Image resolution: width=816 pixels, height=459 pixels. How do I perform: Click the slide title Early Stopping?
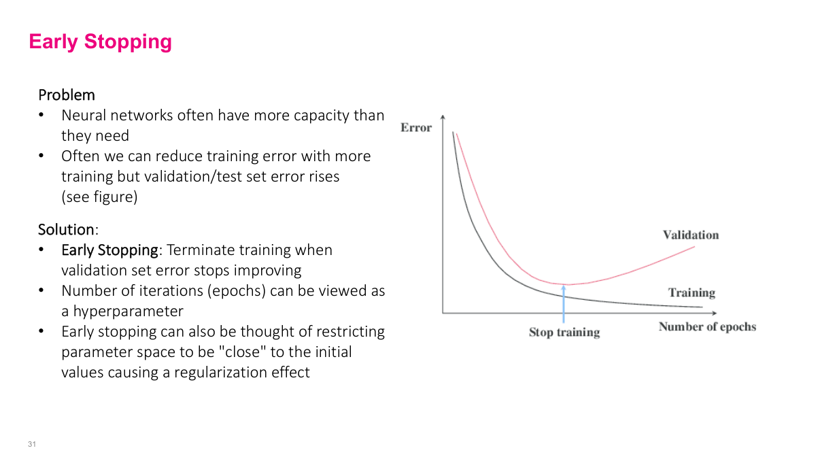pos(100,41)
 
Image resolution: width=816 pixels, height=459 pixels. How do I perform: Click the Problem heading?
pos(67,95)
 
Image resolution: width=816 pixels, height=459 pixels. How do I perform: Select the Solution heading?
pos(66,229)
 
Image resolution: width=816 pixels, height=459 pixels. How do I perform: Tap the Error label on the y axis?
pos(416,127)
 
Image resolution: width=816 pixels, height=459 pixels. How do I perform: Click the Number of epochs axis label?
pos(707,326)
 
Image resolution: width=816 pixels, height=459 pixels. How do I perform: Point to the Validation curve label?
pos(690,235)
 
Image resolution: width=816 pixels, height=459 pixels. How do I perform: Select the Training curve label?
pos(692,293)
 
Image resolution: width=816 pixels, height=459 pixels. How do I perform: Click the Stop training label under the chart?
pos(564,333)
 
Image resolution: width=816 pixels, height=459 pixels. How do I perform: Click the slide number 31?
pos(31,444)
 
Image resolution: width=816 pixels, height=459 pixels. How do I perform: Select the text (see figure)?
pos(99,197)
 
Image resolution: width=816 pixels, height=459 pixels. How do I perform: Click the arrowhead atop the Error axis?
pos(443,116)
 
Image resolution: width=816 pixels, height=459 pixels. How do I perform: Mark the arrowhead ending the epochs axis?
pos(713,313)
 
